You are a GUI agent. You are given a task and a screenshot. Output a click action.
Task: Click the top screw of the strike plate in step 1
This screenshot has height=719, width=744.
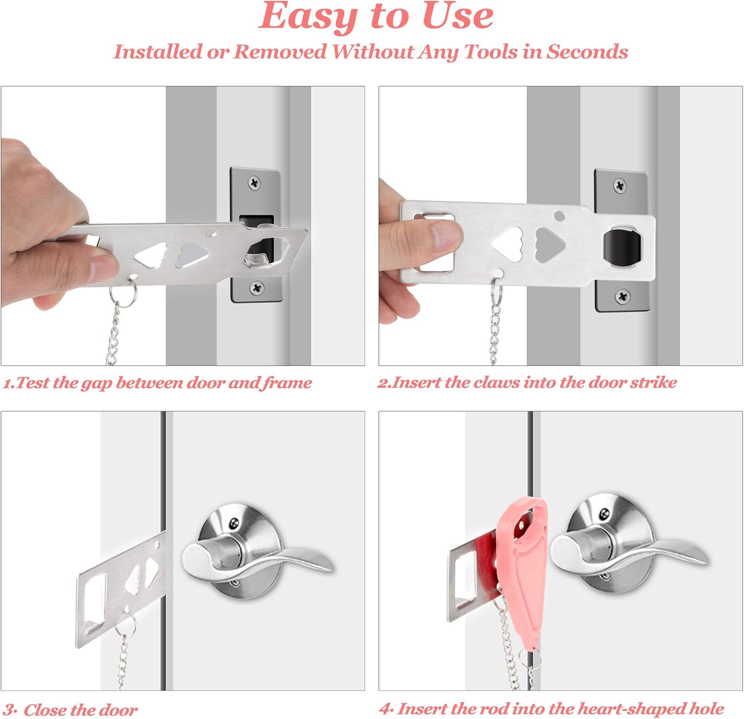click(255, 182)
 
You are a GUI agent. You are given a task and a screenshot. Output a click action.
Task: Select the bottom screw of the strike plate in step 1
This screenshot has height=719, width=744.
click(257, 287)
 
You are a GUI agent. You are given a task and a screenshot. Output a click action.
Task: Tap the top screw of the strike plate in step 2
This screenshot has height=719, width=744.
click(620, 186)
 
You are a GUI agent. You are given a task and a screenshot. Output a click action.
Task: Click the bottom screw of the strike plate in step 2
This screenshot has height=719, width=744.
click(622, 297)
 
